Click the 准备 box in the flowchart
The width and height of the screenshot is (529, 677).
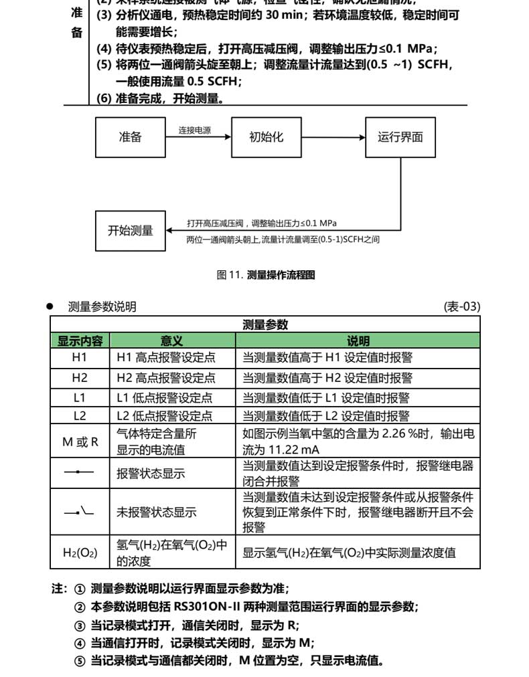pyautogui.click(x=131, y=137)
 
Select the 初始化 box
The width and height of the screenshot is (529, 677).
pyautogui.click(x=266, y=137)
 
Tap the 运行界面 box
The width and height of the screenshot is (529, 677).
pyautogui.click(x=400, y=137)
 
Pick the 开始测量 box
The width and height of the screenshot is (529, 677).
pyautogui.click(x=131, y=231)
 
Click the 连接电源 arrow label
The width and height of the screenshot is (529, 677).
pyautogui.click(x=194, y=131)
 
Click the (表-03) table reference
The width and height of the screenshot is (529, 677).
pyautogui.click(x=462, y=307)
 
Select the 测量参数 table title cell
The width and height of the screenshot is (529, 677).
pyautogui.click(x=265, y=324)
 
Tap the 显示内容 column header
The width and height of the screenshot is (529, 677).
pyautogui.click(x=80, y=341)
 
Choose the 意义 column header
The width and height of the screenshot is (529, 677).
pyautogui.click(x=171, y=341)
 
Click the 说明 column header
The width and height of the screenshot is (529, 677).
pyautogui.click(x=358, y=341)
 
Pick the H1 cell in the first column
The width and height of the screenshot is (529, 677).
pyautogui.click(x=80, y=358)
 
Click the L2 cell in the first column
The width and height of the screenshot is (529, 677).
pyautogui.click(x=80, y=415)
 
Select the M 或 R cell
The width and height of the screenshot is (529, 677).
pyautogui.click(x=80, y=442)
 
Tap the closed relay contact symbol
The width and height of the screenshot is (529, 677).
pyautogui.click(x=80, y=472)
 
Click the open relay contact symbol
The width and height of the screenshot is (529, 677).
pyautogui.click(x=80, y=512)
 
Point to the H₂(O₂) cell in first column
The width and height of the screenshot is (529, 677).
pyautogui.click(x=80, y=553)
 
